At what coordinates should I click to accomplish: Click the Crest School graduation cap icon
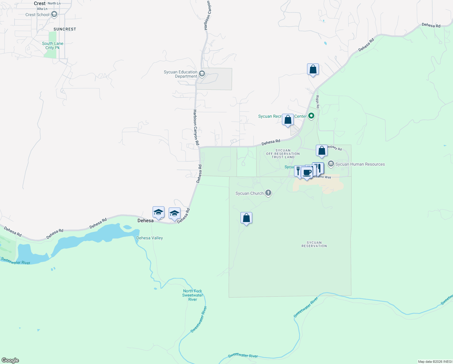[54, 14]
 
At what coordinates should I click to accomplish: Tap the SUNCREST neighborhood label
[65, 29]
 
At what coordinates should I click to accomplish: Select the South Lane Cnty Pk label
[53, 45]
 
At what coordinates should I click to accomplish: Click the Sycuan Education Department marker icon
[202, 74]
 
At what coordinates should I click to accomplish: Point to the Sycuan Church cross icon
[268, 193]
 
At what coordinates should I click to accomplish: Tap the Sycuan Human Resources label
[360, 164]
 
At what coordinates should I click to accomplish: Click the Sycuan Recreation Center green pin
[311, 116]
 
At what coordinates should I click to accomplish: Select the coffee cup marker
[307, 173]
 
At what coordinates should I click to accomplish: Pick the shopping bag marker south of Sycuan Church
[246, 218]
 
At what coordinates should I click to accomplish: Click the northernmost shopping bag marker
[313, 69]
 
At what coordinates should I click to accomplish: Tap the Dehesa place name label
[145, 221]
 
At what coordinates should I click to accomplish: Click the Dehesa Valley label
[150, 238]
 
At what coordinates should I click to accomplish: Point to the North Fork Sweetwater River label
[193, 295]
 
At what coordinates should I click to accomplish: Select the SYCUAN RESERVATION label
[314, 244]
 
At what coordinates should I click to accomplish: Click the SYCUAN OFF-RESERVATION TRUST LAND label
[283, 154]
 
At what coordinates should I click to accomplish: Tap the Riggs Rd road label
[318, 102]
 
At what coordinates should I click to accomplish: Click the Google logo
[10, 360]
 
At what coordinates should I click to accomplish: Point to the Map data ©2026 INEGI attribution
[435, 362]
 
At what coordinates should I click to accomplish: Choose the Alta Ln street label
[42, 9]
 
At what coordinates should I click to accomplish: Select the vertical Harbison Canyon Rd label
[196, 127]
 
